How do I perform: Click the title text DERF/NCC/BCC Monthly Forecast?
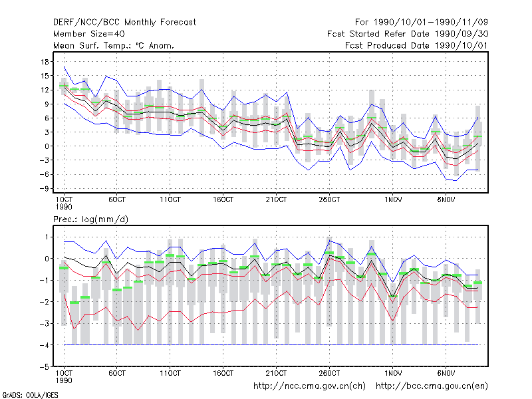click(x=124, y=23)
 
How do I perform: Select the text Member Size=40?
click(x=89, y=34)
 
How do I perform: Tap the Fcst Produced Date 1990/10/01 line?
click(x=416, y=45)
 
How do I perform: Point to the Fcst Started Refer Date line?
click(x=408, y=34)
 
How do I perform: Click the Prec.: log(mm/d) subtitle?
click(x=90, y=219)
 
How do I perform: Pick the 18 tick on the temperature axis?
click(x=45, y=62)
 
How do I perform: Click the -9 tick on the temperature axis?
click(x=44, y=189)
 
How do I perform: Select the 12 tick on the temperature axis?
click(x=45, y=90)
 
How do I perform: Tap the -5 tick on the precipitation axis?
click(x=45, y=367)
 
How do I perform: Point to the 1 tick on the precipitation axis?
click(x=47, y=237)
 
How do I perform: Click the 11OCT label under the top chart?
click(x=170, y=199)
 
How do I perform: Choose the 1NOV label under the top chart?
click(x=393, y=199)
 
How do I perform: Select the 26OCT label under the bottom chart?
click(x=329, y=373)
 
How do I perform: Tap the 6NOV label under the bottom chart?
click(x=446, y=373)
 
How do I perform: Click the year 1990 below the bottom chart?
click(x=64, y=380)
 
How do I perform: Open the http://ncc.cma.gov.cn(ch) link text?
click(x=309, y=386)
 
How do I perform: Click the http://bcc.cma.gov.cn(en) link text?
click(x=432, y=386)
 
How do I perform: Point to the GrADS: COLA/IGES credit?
click(x=30, y=395)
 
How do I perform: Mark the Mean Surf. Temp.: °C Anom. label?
click(x=114, y=45)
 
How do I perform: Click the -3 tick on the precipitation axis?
click(x=45, y=324)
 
